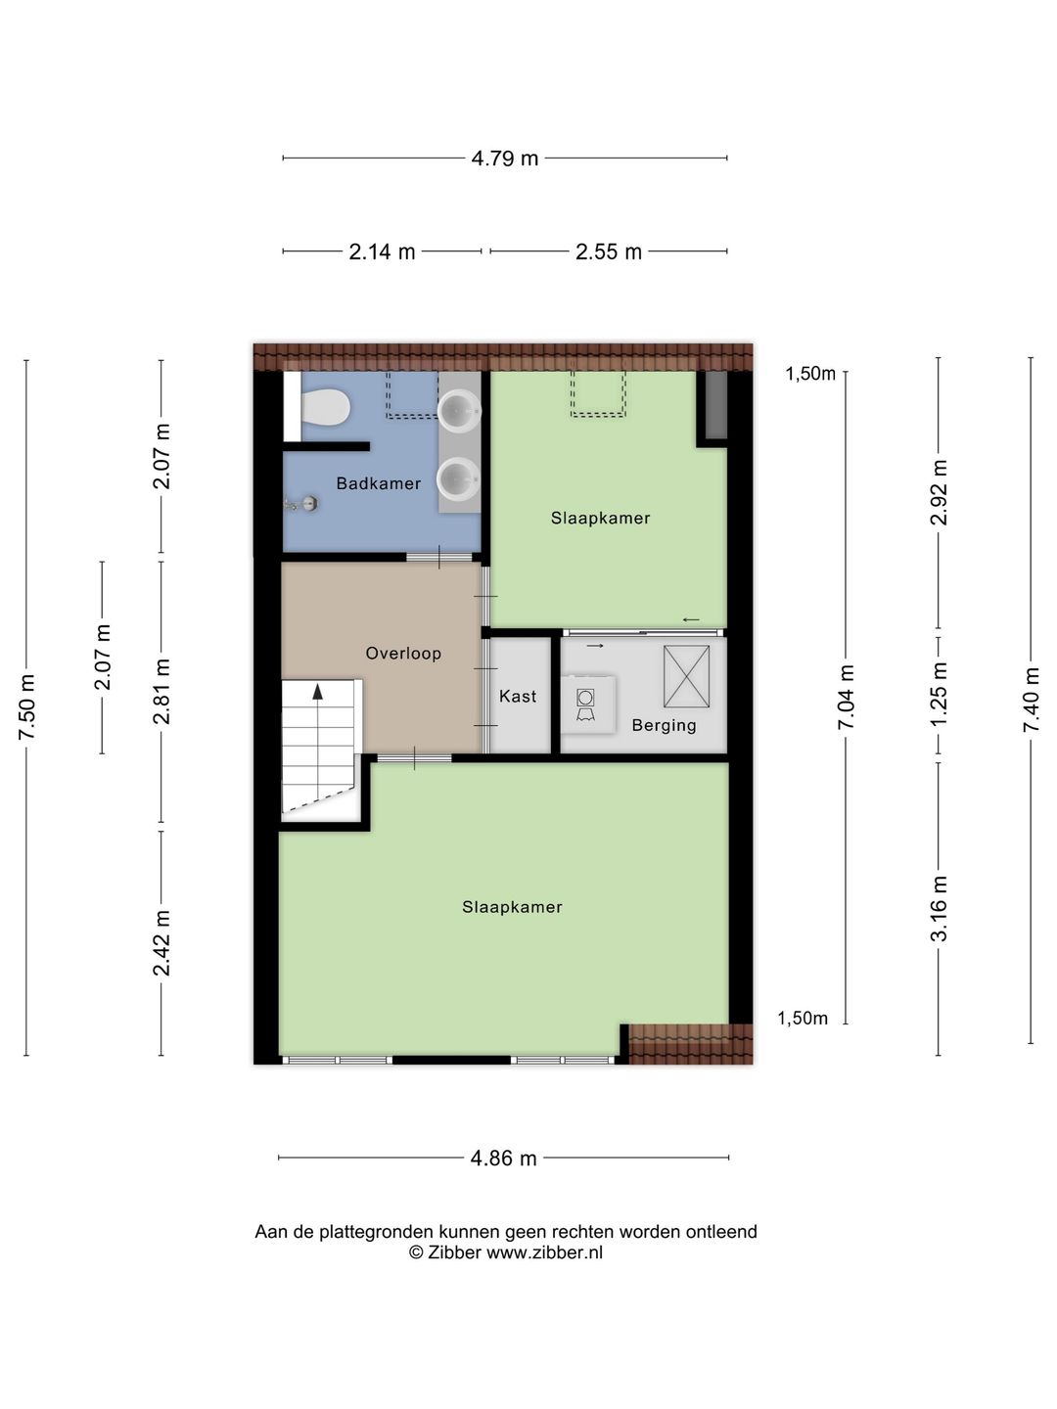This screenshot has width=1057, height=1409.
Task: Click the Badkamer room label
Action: pos(378,483)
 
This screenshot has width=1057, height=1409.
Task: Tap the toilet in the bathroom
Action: pos(324,407)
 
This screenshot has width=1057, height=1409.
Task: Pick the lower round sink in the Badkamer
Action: pos(458,478)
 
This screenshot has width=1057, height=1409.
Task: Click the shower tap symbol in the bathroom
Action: pos(302,504)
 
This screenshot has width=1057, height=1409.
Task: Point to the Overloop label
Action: pos(403,654)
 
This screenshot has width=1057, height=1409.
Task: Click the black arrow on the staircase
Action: pos(317,692)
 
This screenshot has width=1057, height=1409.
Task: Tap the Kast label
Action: pos(518,696)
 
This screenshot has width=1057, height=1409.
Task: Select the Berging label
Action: pos(664,725)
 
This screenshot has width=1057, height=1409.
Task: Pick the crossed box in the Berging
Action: pos(686,676)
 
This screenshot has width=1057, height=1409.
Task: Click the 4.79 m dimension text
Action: pos(504,159)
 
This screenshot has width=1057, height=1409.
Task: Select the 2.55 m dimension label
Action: pos(609,251)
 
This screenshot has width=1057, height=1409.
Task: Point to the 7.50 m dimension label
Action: pos(27,706)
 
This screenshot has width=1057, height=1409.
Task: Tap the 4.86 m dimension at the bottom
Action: pos(503,1159)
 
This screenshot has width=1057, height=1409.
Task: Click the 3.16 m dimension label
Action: pos(939,908)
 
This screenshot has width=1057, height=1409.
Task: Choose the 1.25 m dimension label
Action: pos(939,695)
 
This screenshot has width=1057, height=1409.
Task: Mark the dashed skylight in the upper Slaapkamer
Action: pos(597,394)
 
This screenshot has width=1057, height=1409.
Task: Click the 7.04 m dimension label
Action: pos(846,696)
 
